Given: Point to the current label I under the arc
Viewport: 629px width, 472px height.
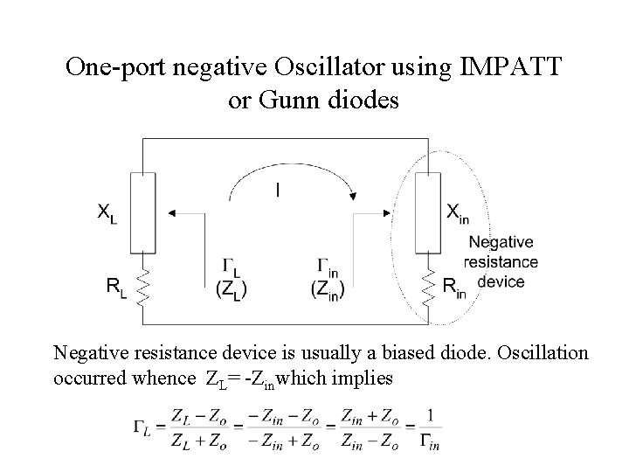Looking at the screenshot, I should [278, 189].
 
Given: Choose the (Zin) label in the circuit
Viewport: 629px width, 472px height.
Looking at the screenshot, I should [328, 288].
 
